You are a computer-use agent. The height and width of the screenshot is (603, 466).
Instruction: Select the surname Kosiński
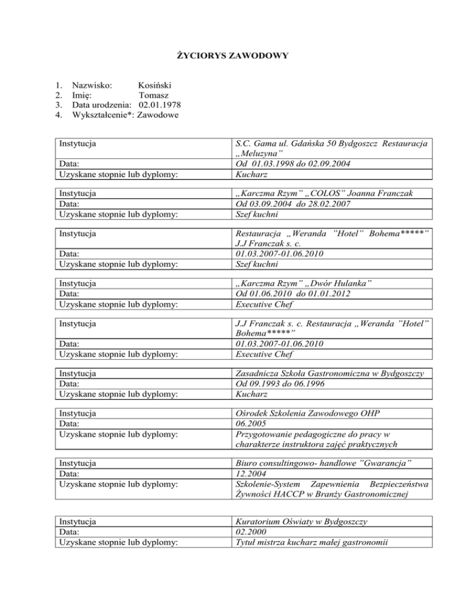tap(157, 86)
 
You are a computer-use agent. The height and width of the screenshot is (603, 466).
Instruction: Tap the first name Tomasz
tap(154, 95)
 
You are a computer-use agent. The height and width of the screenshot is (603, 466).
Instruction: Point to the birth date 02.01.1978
tap(160, 105)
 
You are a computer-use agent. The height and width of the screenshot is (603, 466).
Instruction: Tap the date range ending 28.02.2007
tap(293, 204)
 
